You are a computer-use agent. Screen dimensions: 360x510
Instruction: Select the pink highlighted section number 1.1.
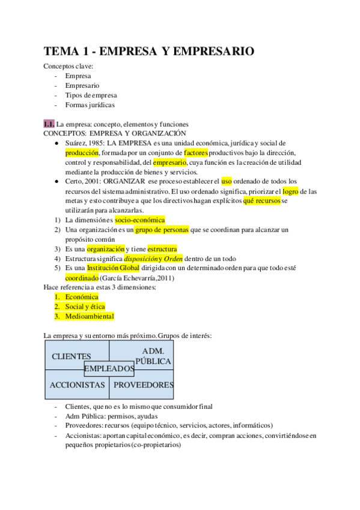pos(49,124)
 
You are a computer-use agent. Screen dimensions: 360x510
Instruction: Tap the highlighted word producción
pos(82,153)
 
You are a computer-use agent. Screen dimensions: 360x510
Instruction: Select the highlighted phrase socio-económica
pos(139,220)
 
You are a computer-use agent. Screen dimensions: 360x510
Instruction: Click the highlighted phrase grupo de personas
pos(161,230)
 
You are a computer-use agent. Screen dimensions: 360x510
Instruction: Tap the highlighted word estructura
pos(162,249)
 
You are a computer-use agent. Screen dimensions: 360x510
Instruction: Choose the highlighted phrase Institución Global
pos(113,268)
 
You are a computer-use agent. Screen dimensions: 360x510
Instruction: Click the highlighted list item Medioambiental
pos(90,316)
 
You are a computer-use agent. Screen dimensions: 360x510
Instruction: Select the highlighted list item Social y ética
pos(85,307)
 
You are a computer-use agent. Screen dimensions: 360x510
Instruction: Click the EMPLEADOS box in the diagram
pos(109,368)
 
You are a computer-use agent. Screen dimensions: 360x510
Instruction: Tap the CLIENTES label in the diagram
pos(72,357)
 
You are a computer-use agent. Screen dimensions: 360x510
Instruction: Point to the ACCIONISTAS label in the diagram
pos(78,385)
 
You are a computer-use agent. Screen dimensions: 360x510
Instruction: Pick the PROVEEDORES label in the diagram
pos(144,385)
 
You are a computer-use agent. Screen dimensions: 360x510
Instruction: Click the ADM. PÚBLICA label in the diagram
pos(153,356)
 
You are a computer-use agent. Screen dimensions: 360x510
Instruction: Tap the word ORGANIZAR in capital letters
pos(124,182)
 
